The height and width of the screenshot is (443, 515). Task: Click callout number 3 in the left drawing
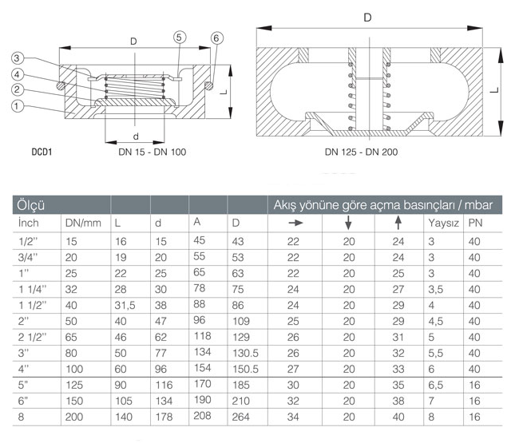(17, 58)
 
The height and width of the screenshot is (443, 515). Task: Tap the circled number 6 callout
(216, 38)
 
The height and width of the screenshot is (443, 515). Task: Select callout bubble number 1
(17, 106)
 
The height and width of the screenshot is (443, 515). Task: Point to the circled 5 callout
(180, 37)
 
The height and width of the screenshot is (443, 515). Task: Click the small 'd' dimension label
(135, 136)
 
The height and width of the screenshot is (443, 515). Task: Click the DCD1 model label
(42, 152)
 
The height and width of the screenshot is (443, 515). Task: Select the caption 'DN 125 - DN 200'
(361, 152)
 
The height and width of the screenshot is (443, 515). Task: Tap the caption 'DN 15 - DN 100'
(152, 152)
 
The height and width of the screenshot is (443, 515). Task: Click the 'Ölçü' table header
(30, 205)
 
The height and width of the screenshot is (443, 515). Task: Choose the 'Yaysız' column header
(443, 223)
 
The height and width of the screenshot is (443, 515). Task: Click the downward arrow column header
(348, 223)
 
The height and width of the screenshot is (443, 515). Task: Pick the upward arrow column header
(398, 223)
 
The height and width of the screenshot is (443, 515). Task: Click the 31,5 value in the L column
(125, 306)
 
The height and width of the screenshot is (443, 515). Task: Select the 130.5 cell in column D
(245, 353)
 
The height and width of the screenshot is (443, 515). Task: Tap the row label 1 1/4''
(33, 289)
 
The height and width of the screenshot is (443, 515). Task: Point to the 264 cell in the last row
(241, 417)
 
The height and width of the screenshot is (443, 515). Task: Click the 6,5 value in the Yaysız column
(435, 385)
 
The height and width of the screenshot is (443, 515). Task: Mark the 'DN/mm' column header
(83, 223)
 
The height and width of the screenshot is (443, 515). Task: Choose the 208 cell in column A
(202, 415)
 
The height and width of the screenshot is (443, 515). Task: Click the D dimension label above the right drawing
(367, 18)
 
